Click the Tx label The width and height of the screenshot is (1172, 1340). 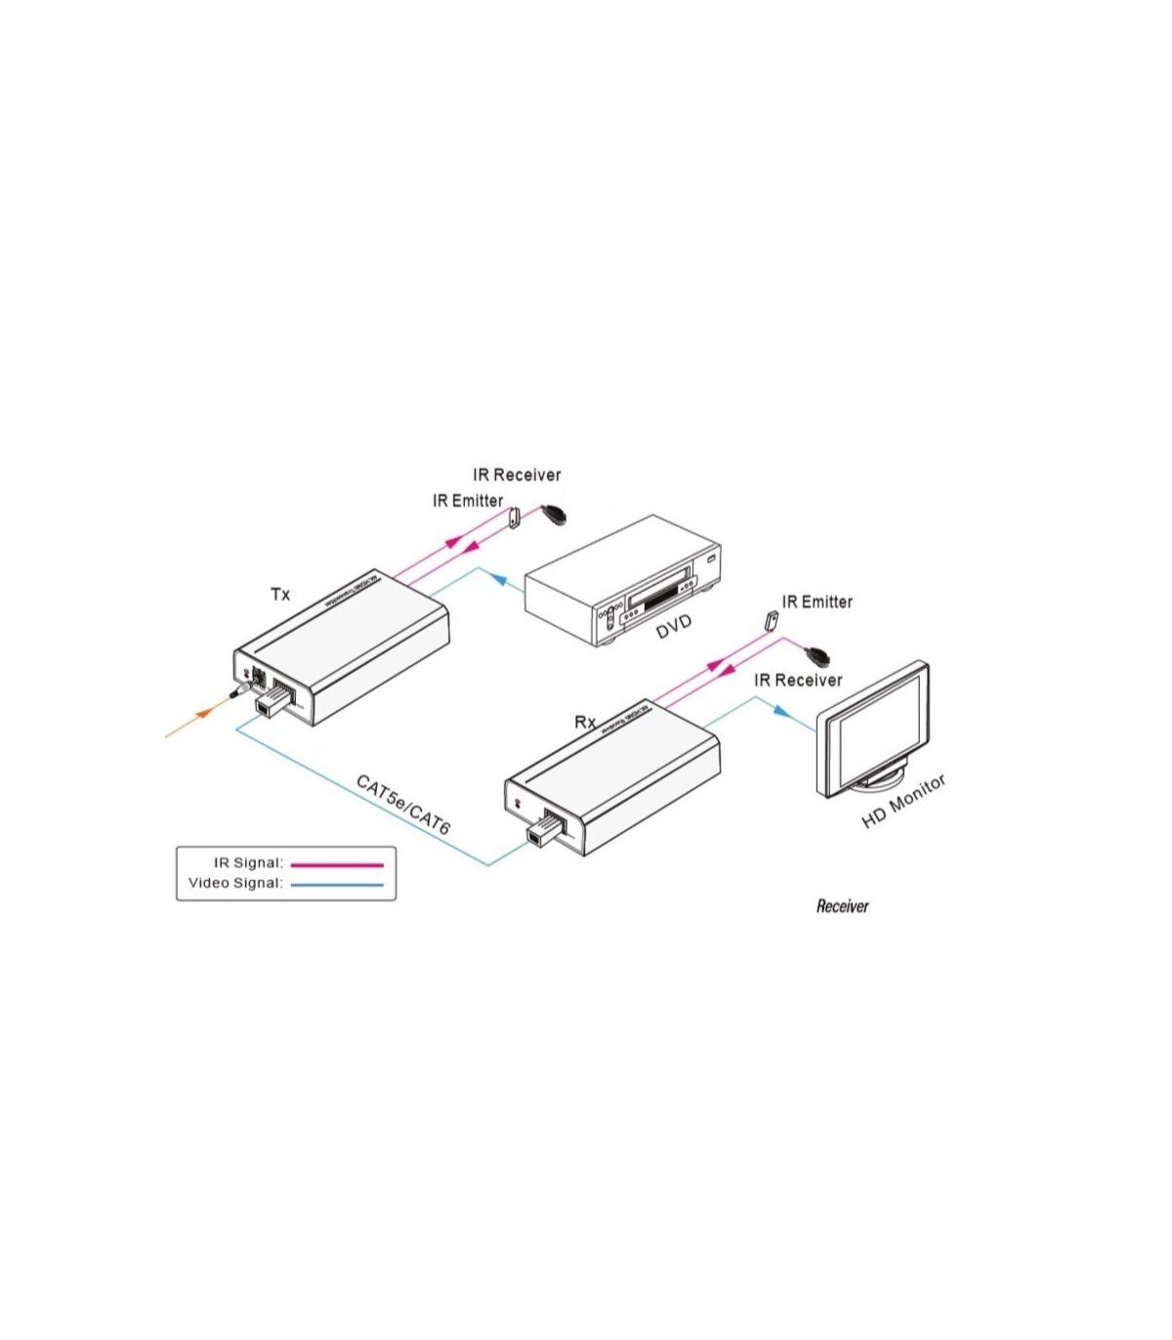(x=280, y=594)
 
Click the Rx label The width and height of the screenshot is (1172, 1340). (x=585, y=722)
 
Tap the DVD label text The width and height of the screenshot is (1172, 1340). (x=673, y=627)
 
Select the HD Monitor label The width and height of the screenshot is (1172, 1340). (x=903, y=802)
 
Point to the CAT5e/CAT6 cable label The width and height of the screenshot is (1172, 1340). (x=402, y=805)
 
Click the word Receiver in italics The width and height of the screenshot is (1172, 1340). (x=842, y=906)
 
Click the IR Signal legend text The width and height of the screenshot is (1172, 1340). (x=248, y=863)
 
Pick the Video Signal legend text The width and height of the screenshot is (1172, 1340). (x=235, y=884)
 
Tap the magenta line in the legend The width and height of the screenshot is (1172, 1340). (x=337, y=864)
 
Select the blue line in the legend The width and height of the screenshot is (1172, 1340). (x=337, y=885)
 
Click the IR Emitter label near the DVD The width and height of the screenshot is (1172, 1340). (x=468, y=501)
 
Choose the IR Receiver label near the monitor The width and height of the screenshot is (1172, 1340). (x=798, y=680)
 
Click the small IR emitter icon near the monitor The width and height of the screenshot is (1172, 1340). (x=772, y=621)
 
